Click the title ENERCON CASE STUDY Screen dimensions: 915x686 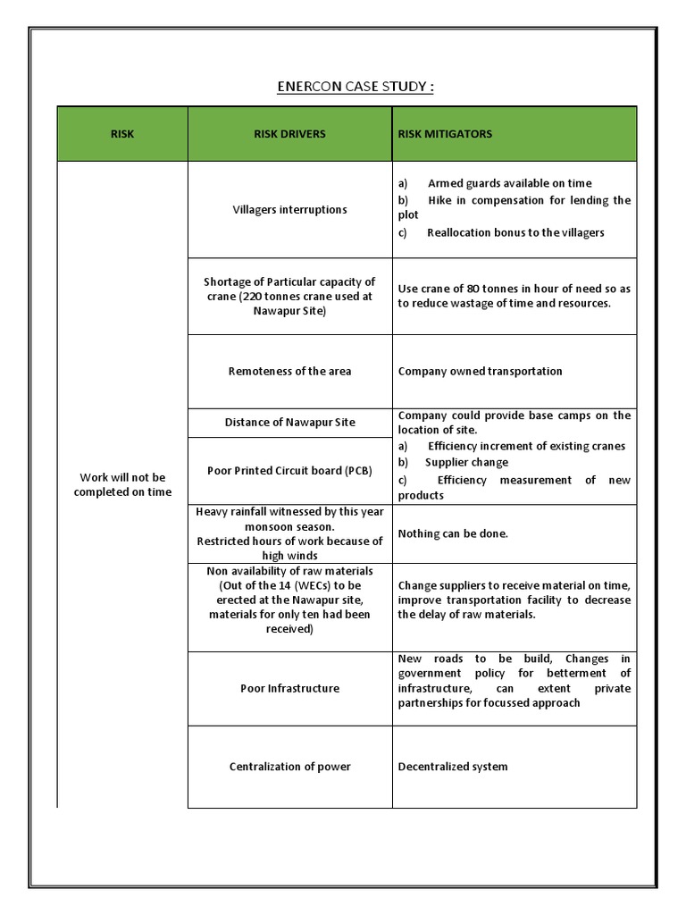[x=356, y=87]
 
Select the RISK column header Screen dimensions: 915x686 [x=122, y=134]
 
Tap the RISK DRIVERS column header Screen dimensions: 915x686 [x=289, y=134]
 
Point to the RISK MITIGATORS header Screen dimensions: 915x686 [x=445, y=134]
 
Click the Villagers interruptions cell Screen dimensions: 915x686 [x=289, y=210]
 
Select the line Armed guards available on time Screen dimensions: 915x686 [x=509, y=183]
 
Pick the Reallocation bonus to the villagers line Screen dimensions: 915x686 [x=515, y=232]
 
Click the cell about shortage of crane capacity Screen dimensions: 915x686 [x=289, y=297]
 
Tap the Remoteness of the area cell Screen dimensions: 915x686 [x=289, y=372]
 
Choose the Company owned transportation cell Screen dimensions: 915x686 [x=480, y=372]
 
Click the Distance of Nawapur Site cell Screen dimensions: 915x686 [x=289, y=423]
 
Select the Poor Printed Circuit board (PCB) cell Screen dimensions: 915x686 [x=289, y=471]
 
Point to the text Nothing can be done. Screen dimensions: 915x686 [x=453, y=533]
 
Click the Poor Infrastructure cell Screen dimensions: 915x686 [x=289, y=689]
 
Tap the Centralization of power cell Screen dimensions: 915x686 [x=289, y=767]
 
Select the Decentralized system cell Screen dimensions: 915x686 [x=453, y=767]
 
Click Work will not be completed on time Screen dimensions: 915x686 [x=122, y=485]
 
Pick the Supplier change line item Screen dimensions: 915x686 [x=466, y=463]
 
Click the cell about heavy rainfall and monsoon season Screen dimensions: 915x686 [x=289, y=533]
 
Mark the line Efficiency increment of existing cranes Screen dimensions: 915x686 [x=526, y=446]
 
